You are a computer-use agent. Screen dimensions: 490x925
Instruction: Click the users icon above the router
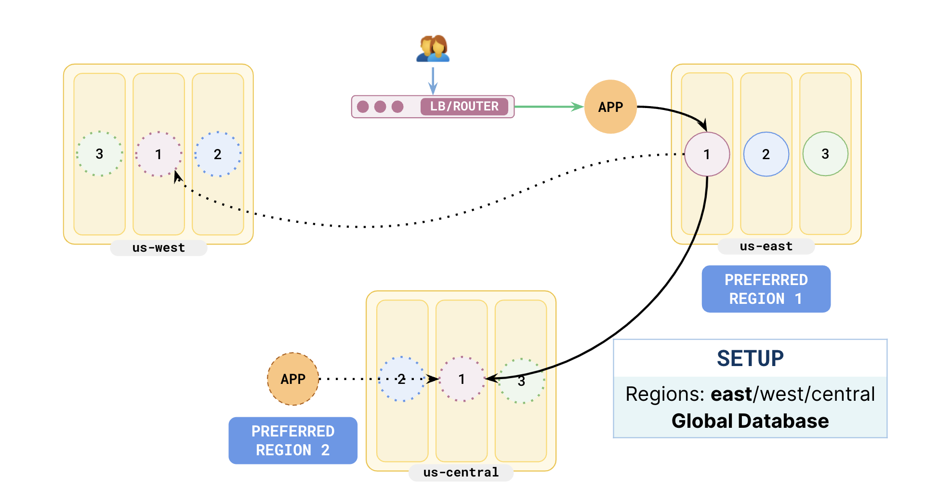pyautogui.click(x=433, y=48)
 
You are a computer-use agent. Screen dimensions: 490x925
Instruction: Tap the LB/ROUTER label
pyautogui.click(x=464, y=107)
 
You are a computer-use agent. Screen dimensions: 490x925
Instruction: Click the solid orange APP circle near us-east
pyautogui.click(x=610, y=107)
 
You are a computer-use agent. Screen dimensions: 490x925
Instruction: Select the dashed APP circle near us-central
pyautogui.click(x=293, y=379)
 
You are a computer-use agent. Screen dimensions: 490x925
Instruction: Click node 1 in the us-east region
pyautogui.click(x=707, y=154)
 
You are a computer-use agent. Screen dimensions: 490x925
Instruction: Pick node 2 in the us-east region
pyautogui.click(x=766, y=154)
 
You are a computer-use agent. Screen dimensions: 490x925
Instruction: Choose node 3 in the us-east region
pyautogui.click(x=825, y=154)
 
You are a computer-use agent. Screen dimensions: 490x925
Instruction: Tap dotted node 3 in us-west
pyautogui.click(x=99, y=154)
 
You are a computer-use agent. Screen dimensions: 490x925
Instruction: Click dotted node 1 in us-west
pyautogui.click(x=159, y=154)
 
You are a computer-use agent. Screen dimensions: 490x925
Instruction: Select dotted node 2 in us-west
pyautogui.click(x=218, y=154)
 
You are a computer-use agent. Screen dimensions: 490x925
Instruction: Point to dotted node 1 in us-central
pyautogui.click(x=462, y=379)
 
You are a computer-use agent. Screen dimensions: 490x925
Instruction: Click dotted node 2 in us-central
pyautogui.click(x=402, y=379)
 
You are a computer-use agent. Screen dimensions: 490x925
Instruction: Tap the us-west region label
pyautogui.click(x=159, y=248)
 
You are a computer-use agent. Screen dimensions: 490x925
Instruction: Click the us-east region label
pyautogui.click(x=766, y=246)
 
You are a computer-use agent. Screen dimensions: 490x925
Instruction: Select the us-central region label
pyautogui.click(x=461, y=473)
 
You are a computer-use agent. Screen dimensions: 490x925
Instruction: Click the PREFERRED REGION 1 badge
pyautogui.click(x=766, y=289)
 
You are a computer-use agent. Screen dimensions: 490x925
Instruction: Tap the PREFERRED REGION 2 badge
pyautogui.click(x=293, y=440)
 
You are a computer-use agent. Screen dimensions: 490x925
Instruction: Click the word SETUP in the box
pyautogui.click(x=750, y=358)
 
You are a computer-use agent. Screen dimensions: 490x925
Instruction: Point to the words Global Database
pyautogui.click(x=750, y=421)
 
